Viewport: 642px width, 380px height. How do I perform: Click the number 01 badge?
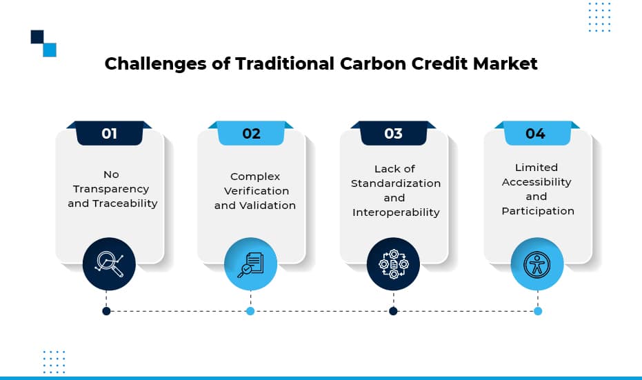[x=110, y=133]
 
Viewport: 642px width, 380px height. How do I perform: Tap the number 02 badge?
[x=251, y=133]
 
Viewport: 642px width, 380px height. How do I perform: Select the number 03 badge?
[x=393, y=133]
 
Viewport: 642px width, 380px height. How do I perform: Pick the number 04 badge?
[x=536, y=133]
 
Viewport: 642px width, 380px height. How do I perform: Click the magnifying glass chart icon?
[x=109, y=263]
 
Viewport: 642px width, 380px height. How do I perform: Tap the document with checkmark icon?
[x=250, y=265]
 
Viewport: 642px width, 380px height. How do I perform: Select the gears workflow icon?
[x=394, y=264]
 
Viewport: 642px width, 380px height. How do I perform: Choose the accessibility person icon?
[x=536, y=265]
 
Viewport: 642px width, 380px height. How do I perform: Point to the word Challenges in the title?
[x=155, y=64]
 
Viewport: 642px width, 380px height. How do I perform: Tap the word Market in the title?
[x=505, y=63]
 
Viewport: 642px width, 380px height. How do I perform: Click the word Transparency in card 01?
[x=111, y=189]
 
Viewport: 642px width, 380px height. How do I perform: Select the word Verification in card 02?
[x=257, y=191]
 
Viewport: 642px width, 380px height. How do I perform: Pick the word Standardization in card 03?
[x=396, y=183]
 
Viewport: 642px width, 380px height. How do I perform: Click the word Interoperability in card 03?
[x=396, y=212]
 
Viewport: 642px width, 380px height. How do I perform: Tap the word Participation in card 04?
[x=538, y=211]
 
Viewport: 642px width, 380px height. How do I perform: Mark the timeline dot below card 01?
[x=106, y=311]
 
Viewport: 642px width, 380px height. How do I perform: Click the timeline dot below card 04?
[x=538, y=311]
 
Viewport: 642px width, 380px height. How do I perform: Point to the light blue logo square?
[x=50, y=50]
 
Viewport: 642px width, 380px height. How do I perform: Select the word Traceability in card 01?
[x=125, y=203]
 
